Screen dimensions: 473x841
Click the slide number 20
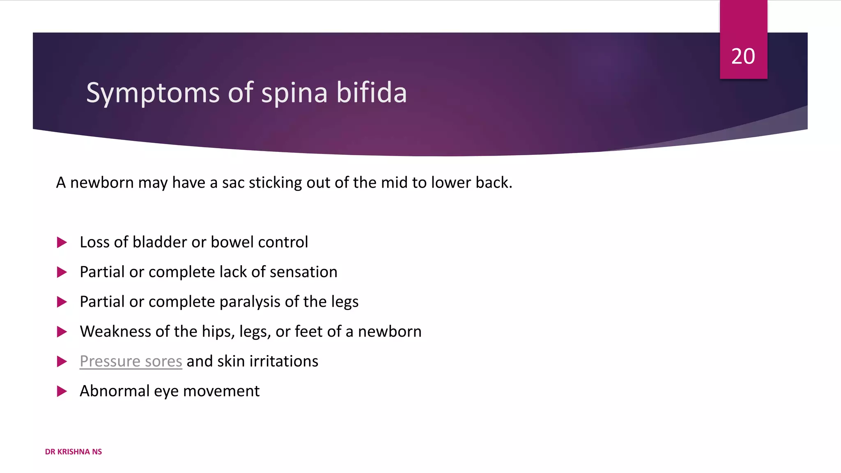743,56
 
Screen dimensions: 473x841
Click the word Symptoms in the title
153,93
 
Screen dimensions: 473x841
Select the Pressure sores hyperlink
131,361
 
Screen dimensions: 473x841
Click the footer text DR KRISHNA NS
73,452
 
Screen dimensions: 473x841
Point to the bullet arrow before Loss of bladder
62,242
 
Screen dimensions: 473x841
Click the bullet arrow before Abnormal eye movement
62,391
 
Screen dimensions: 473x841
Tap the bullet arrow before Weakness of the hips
62,332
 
